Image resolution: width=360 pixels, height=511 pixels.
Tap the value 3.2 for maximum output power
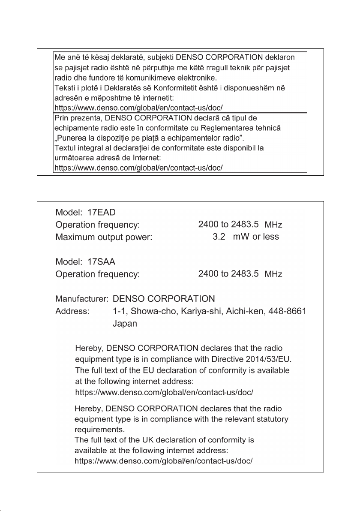click(x=219, y=237)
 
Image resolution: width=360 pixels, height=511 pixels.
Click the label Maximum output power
click(x=104, y=237)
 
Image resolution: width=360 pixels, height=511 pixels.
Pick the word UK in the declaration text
click(x=126, y=440)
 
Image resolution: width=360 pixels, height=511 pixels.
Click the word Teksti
click(x=65, y=87)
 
